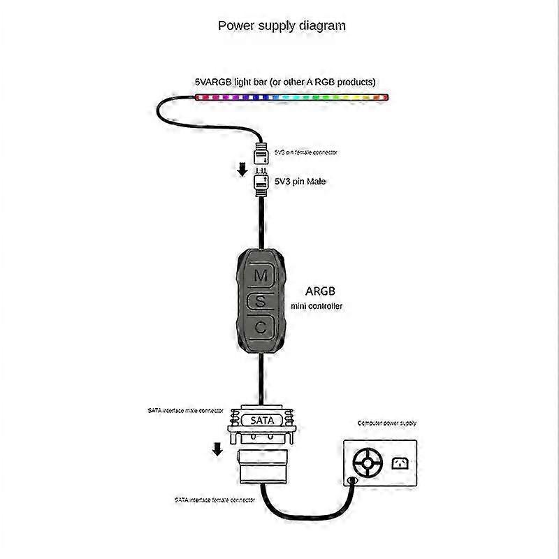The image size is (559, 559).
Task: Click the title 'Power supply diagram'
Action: [282, 26]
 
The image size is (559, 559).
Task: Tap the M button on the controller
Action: [260, 275]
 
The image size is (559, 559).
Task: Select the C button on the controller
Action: [260, 326]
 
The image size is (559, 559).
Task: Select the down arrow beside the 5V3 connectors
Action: [241, 169]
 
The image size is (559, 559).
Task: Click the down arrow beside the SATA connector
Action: [217, 447]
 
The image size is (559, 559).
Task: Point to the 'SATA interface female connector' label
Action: [215, 500]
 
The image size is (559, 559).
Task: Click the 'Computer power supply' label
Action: [386, 423]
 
